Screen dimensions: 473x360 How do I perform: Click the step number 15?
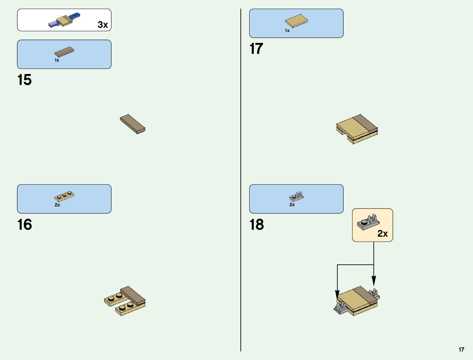point(24,80)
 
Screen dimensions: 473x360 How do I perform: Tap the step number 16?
point(24,225)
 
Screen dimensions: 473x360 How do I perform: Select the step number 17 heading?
point(256,49)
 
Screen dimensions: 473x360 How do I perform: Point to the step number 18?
point(257,225)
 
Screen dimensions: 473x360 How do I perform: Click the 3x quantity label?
point(103,25)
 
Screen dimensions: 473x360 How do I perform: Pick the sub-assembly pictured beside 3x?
point(64,20)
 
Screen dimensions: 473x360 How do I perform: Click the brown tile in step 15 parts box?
point(64,52)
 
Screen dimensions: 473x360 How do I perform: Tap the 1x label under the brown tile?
point(57,60)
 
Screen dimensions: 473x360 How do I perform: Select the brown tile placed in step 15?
point(132,124)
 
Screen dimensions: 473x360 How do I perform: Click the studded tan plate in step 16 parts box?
point(64,196)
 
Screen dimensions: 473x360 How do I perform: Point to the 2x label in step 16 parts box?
point(57,205)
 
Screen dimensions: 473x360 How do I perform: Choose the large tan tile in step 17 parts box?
point(296,21)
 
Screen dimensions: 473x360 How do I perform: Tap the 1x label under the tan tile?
point(287,31)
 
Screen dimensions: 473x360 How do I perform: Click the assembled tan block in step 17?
point(357,129)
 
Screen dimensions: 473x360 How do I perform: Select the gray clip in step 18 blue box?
point(296,196)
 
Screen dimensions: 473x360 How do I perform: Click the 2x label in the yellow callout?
point(382,234)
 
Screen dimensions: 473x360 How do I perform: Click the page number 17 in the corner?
point(461,350)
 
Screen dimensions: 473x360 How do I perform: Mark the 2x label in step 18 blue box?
point(292,205)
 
